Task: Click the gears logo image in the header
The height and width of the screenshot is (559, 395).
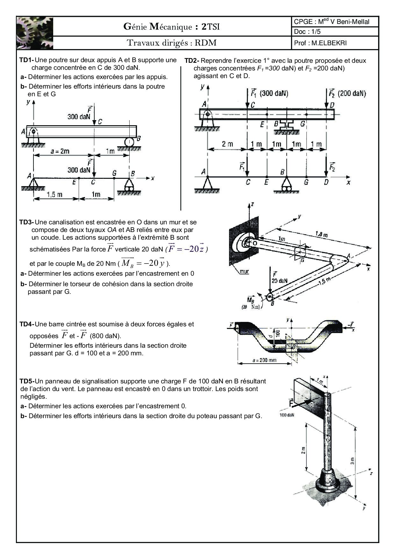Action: pyautogui.click(x=35, y=33)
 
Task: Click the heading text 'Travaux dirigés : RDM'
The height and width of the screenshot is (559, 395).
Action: pyautogui.click(x=172, y=43)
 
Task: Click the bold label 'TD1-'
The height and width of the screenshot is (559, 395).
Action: pyautogui.click(x=26, y=60)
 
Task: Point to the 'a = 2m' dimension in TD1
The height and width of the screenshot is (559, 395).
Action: pyautogui.click(x=60, y=151)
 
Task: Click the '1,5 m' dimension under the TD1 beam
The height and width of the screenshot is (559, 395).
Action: pyautogui.click(x=54, y=194)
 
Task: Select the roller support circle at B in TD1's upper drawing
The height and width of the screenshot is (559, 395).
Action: pyautogui.click(x=129, y=141)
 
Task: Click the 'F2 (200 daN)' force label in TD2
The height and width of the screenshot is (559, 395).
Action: pyautogui.click(x=347, y=93)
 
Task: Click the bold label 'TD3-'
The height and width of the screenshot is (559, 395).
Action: pyautogui.click(x=26, y=222)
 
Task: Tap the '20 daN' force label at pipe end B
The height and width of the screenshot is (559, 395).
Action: pyautogui.click(x=279, y=281)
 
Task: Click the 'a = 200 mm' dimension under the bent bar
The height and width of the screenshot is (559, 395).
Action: pyautogui.click(x=264, y=360)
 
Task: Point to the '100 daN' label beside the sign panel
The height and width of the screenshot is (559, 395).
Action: pyautogui.click(x=287, y=415)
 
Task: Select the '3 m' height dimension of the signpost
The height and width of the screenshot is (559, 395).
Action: pyautogui.click(x=352, y=461)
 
